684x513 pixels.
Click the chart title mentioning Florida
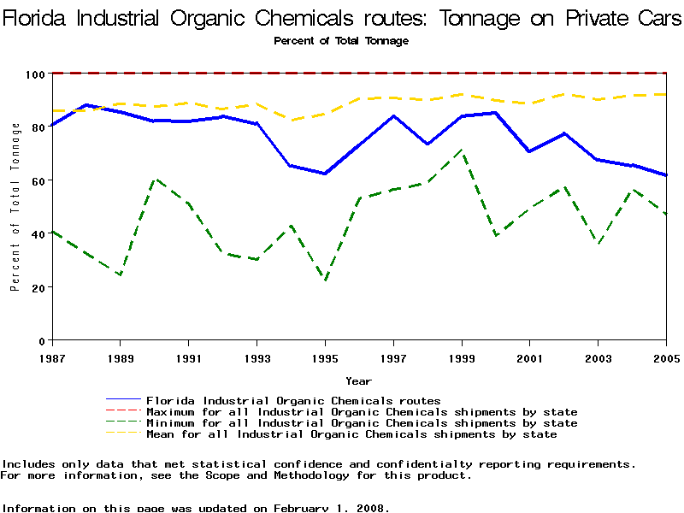[342, 18]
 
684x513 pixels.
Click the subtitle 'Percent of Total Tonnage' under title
[341, 40]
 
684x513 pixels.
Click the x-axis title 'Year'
[358, 380]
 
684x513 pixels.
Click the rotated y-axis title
[15, 207]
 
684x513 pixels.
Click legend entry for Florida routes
[293, 400]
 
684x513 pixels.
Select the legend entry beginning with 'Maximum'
[362, 412]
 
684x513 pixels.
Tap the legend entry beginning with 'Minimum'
[362, 423]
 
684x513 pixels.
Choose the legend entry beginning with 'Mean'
[351, 434]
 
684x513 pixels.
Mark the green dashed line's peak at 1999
[462, 150]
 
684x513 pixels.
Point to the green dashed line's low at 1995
[326, 280]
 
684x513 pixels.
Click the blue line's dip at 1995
[326, 174]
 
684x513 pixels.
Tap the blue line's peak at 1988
[86, 105]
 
